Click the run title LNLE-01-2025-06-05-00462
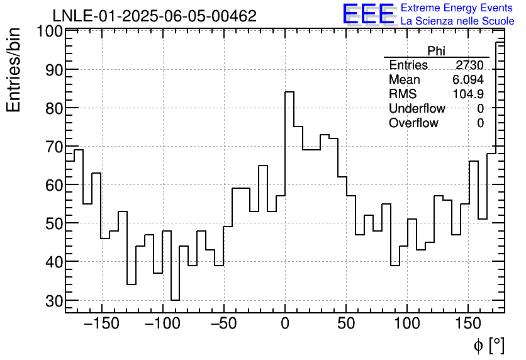coord(154,16)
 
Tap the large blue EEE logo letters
coord(368,14)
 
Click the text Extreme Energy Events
coord(457,8)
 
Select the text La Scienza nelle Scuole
coord(457,21)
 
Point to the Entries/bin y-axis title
coord(14,70)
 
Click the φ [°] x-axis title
coord(488,345)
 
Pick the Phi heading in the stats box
coord(436,51)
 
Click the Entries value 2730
coord(469,65)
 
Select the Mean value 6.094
coord(467,80)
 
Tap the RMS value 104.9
coord(468,94)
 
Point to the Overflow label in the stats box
coord(413,123)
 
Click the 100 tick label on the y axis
coord(49,31)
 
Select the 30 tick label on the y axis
coord(54,301)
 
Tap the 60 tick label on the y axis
coord(54,185)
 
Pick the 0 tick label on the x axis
coord(285,325)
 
